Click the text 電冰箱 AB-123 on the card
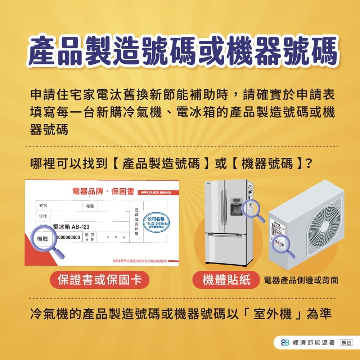point(71,227)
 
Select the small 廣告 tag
point(346,342)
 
